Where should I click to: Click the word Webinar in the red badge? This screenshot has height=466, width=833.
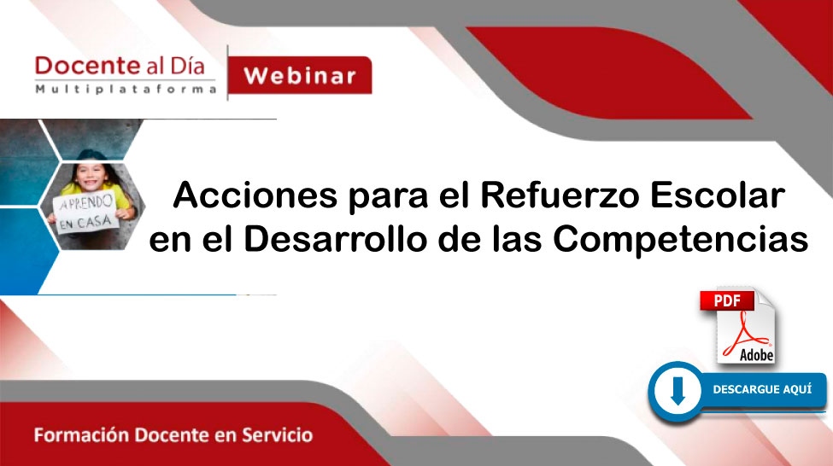(300, 76)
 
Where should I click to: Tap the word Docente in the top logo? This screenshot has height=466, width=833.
(87, 66)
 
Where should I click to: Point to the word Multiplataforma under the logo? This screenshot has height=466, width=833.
(126, 89)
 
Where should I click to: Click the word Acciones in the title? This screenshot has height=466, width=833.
(255, 195)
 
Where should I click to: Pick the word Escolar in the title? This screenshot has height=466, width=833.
(718, 195)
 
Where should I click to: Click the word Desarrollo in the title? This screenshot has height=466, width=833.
(335, 239)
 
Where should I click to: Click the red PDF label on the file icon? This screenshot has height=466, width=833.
(727, 301)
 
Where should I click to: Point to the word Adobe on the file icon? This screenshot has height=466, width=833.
(756, 354)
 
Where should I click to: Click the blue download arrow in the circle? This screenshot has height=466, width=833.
(678, 391)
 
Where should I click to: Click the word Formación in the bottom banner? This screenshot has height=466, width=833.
(81, 435)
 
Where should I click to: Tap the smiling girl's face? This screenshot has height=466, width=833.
(91, 176)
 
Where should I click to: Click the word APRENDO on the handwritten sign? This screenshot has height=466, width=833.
(86, 203)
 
